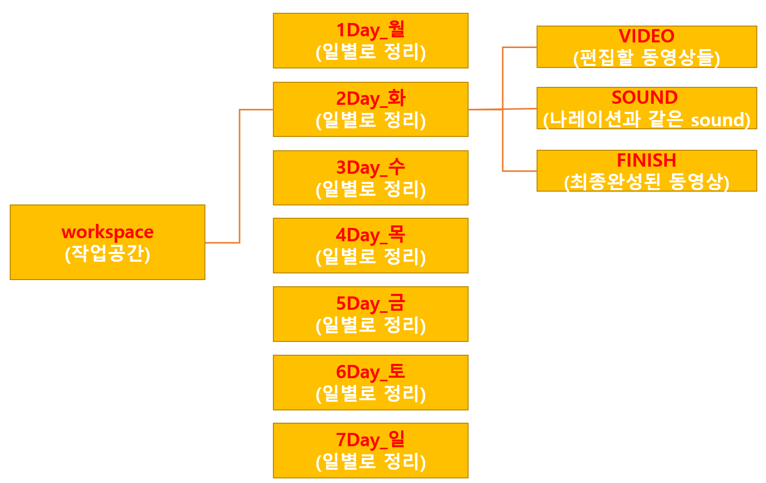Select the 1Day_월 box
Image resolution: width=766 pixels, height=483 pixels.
point(370,40)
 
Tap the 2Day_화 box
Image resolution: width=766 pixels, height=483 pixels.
point(370,109)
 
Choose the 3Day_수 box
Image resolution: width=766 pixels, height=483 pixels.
point(370,177)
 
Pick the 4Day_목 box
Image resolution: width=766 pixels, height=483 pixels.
point(370,245)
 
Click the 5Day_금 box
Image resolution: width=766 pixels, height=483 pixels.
point(370,314)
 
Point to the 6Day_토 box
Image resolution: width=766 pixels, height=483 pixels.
point(370,382)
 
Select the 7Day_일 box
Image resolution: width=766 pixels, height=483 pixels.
point(370,450)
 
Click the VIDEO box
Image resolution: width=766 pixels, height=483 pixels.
point(646,47)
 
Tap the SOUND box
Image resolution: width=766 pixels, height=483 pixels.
point(646,108)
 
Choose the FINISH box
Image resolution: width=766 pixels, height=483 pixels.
point(646,171)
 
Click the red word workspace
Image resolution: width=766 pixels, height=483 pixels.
point(107,232)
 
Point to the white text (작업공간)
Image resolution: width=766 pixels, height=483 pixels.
point(107,254)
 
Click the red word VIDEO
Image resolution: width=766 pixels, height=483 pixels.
point(646,36)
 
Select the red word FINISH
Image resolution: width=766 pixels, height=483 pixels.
point(646,160)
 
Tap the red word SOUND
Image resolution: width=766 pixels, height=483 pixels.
point(644,97)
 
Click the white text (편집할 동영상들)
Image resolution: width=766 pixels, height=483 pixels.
point(646,58)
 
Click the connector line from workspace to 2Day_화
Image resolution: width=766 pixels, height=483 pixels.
point(240,174)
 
